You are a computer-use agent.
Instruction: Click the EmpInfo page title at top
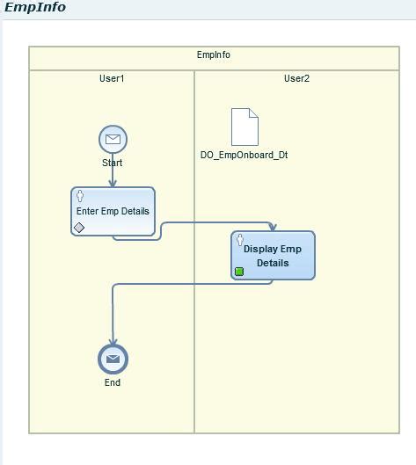tap(35, 8)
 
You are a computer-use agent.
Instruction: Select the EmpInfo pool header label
tap(214, 54)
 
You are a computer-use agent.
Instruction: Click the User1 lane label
tap(112, 78)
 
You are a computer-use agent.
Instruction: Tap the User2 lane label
tap(296, 78)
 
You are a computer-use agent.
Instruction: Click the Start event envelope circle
tap(113, 139)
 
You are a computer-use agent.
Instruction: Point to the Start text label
tap(113, 163)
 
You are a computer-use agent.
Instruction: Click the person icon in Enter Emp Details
tap(80, 196)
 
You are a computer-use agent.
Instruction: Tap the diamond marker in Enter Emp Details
tap(79, 228)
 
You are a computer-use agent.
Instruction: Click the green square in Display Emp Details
tap(239, 271)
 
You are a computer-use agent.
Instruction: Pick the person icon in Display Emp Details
tap(240, 240)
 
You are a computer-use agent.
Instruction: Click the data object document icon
tap(244, 127)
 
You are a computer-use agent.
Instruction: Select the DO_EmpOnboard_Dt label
tap(244, 156)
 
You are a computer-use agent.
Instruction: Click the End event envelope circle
tap(113, 359)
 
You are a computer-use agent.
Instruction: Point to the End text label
tap(113, 382)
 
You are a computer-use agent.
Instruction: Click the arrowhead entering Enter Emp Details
tap(113, 183)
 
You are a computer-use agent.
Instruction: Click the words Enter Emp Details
tap(113, 211)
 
